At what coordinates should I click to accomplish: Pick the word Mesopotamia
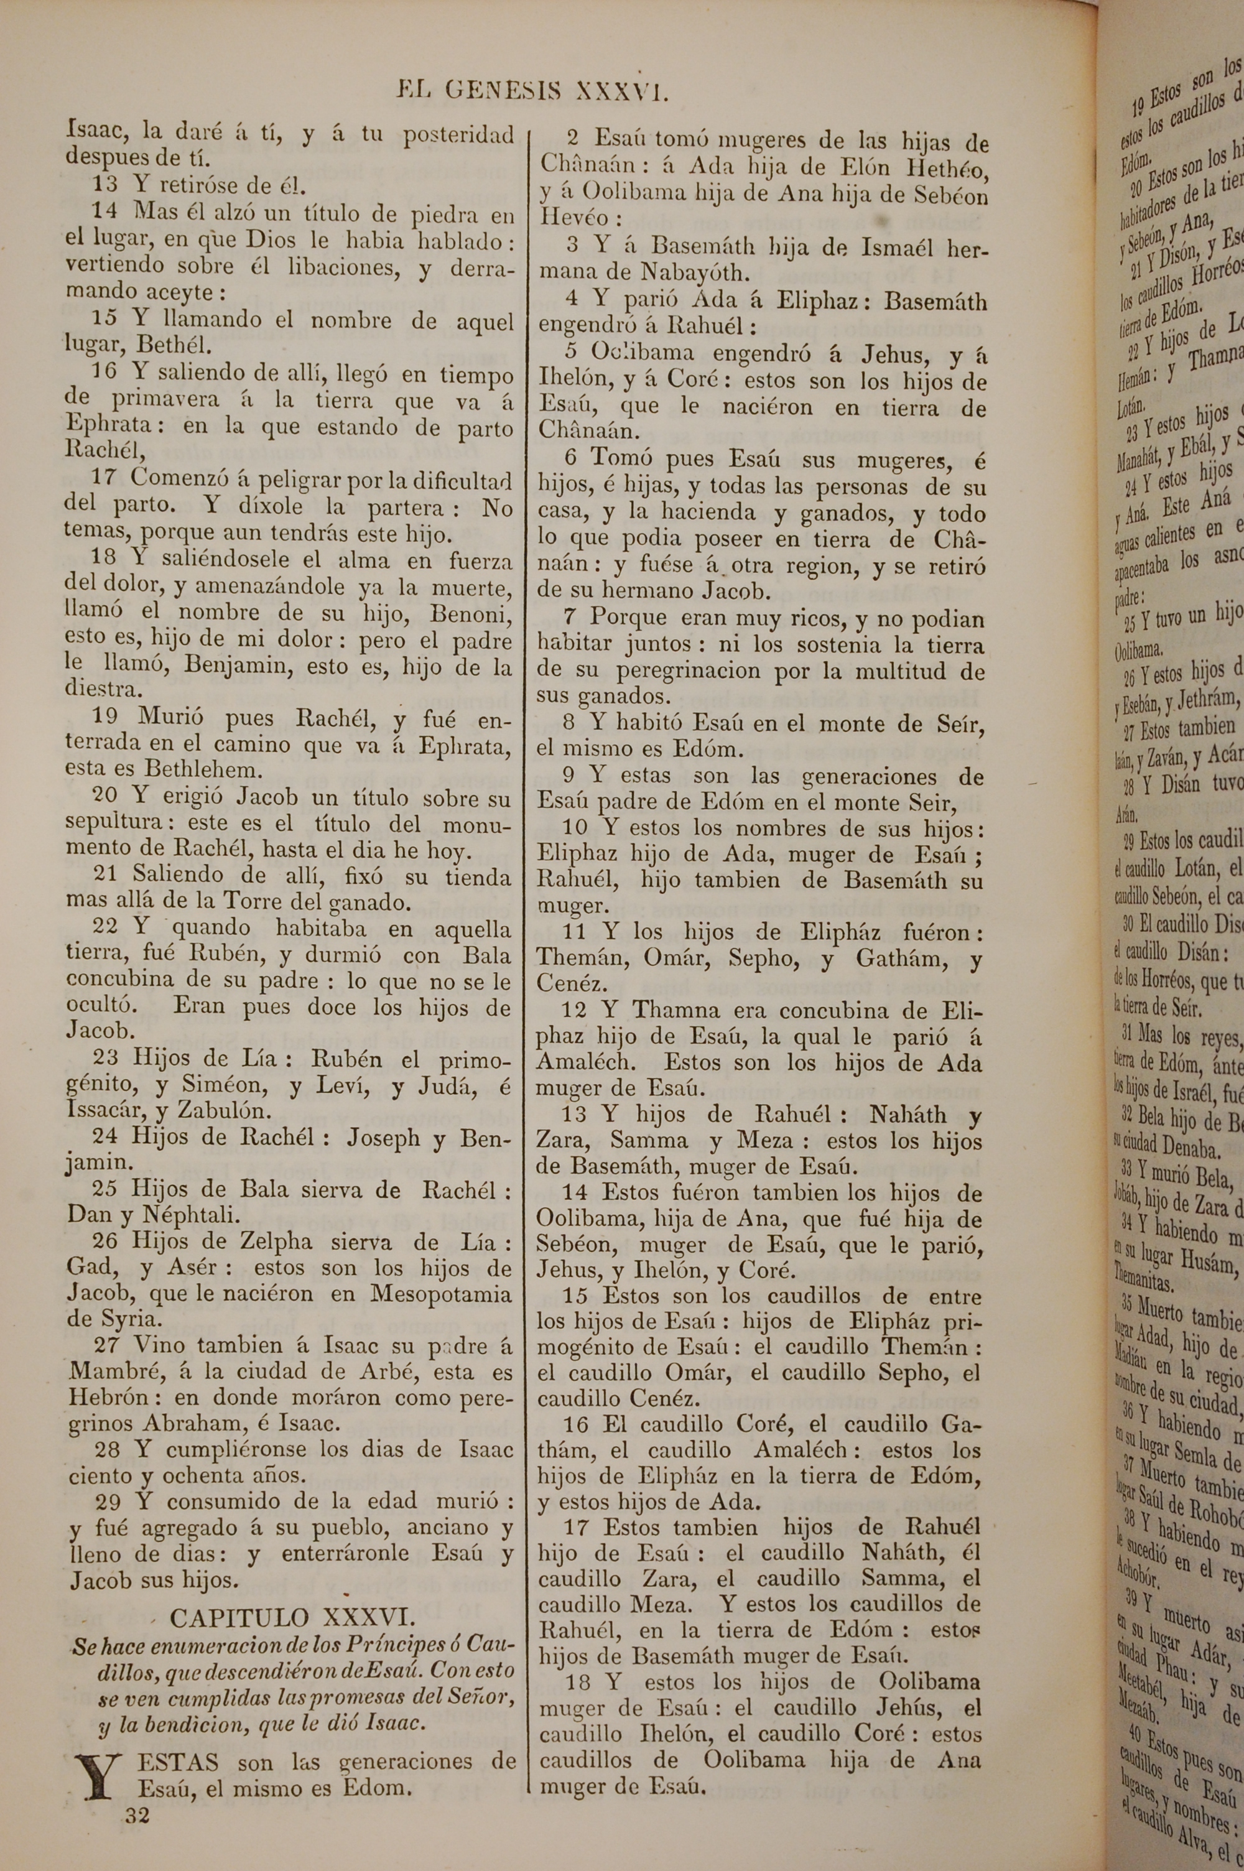[442, 1294]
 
